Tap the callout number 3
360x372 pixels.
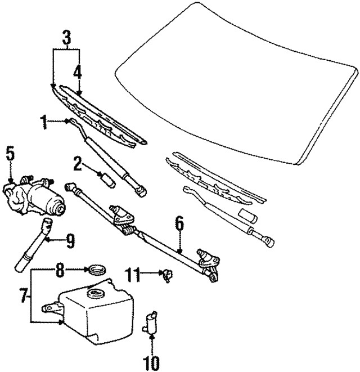point(66,39)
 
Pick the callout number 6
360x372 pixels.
point(179,223)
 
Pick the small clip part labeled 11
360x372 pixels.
point(167,275)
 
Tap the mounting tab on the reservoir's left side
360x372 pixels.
point(51,308)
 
